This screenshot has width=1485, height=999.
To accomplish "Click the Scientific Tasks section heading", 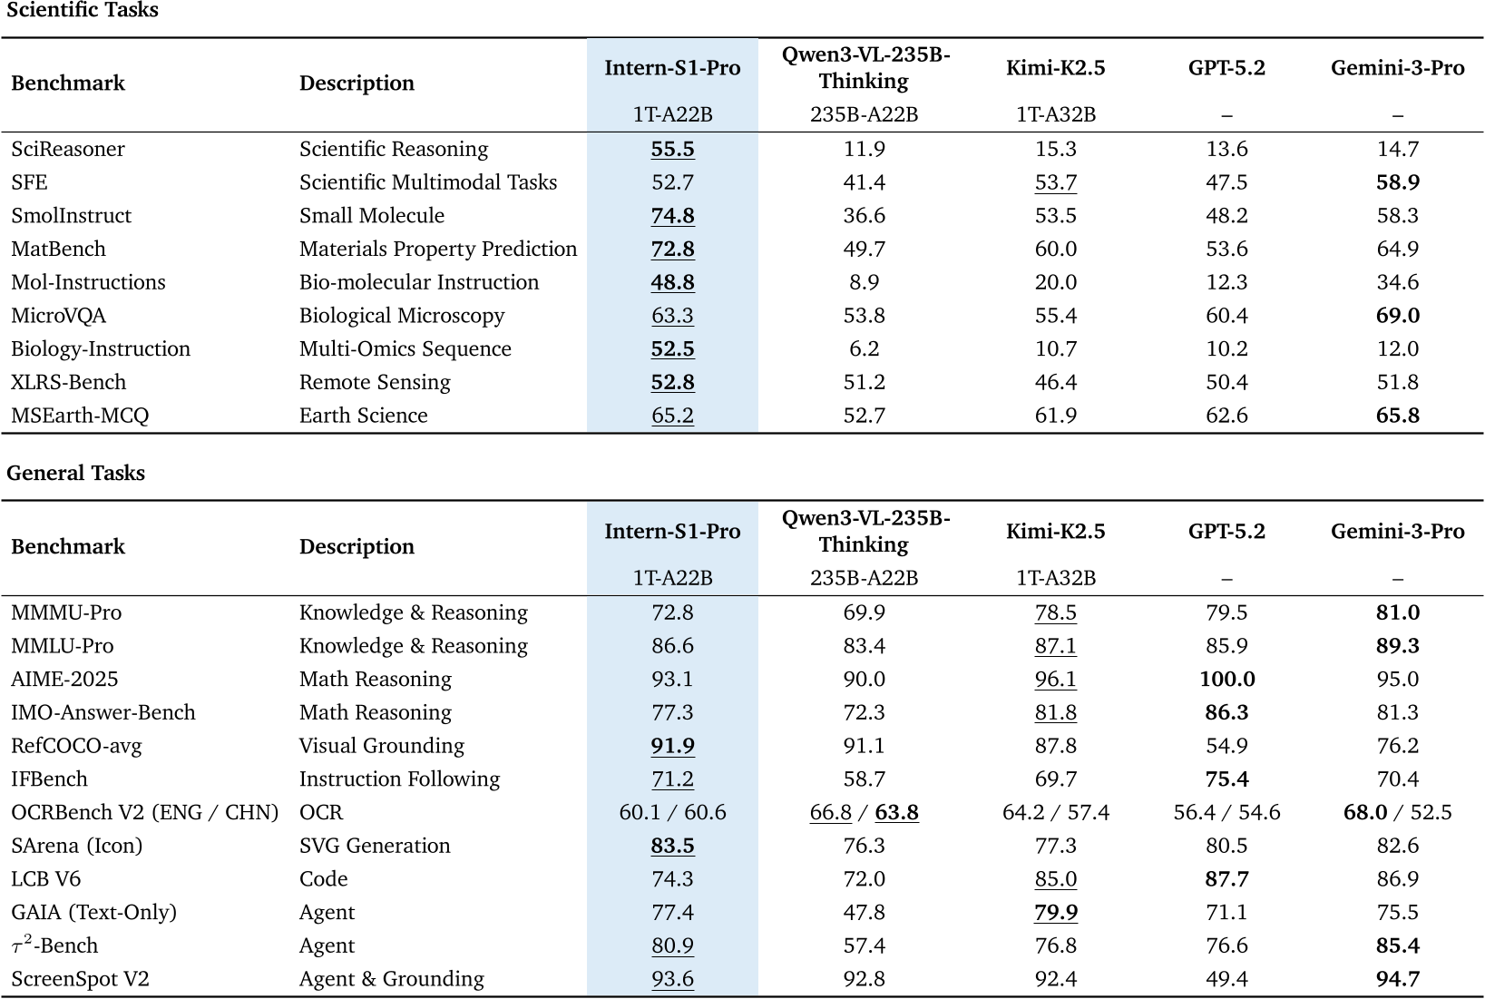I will click(83, 10).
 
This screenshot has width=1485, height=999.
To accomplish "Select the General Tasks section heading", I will click(75, 473).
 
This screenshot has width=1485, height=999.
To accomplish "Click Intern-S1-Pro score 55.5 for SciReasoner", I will click(672, 149).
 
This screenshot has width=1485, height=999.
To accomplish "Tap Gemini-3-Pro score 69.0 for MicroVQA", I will click(1397, 316).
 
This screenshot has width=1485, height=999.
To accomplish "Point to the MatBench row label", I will click(58, 249).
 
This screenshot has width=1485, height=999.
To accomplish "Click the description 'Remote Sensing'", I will click(375, 382).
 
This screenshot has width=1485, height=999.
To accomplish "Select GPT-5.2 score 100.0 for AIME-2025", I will click(1226, 679).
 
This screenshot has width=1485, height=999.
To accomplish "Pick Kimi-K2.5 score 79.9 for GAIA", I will click(1055, 912).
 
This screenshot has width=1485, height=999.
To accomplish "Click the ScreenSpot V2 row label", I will click(80, 978).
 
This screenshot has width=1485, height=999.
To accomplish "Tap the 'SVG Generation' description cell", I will click(375, 846).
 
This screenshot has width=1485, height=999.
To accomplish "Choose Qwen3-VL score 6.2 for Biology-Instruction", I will click(864, 348).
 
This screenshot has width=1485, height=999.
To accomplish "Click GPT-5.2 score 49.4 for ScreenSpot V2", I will click(1226, 978).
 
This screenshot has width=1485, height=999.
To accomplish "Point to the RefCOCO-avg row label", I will click(76, 746).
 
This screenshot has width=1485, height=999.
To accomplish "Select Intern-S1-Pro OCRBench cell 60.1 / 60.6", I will click(672, 812).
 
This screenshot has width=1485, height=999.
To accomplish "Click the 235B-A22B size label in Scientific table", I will click(864, 114).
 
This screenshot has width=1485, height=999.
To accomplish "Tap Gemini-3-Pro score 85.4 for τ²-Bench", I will click(1397, 945).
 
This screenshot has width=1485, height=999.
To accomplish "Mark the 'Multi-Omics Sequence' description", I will click(405, 348).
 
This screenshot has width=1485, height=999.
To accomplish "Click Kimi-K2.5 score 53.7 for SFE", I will click(1055, 182).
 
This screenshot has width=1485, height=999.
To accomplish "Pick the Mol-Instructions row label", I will click(88, 282).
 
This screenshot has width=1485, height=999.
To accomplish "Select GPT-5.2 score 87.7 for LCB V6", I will click(1226, 878).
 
